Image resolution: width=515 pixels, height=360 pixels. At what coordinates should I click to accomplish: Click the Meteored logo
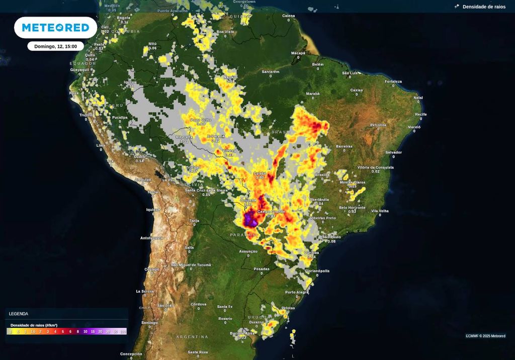(x=55, y=27)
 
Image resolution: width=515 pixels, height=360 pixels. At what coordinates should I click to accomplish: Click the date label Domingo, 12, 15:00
(x=55, y=46)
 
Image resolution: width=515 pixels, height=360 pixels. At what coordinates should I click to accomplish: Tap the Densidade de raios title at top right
(x=484, y=7)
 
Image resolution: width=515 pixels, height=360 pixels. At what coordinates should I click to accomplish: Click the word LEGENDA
(x=19, y=314)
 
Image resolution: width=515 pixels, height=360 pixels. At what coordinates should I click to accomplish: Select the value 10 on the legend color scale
(x=85, y=332)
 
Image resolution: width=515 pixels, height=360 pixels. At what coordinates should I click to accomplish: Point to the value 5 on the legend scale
(x=63, y=332)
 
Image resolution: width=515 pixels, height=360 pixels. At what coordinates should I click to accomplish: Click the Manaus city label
(x=230, y=77)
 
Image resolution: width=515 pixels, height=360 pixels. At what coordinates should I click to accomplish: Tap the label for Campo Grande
(x=271, y=212)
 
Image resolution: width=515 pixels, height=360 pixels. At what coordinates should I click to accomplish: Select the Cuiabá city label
(x=260, y=173)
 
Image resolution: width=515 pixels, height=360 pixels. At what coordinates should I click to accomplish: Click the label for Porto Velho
(x=201, y=120)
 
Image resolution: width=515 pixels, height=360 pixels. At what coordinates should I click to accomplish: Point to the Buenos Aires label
(x=242, y=333)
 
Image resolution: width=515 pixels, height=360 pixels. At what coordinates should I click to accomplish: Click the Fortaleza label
(x=393, y=81)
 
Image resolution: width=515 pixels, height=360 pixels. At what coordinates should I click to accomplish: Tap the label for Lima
(x=101, y=145)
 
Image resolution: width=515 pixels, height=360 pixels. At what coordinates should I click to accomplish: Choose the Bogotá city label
(x=124, y=18)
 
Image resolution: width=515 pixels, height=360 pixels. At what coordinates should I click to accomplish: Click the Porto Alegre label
(x=297, y=292)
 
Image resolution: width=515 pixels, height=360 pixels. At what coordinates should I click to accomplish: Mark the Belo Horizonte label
(x=353, y=207)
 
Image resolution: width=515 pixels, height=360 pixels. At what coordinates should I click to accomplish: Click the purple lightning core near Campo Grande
(x=250, y=220)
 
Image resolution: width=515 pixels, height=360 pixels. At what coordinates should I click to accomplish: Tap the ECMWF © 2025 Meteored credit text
(x=485, y=336)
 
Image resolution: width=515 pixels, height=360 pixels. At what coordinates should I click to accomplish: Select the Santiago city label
(x=149, y=322)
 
